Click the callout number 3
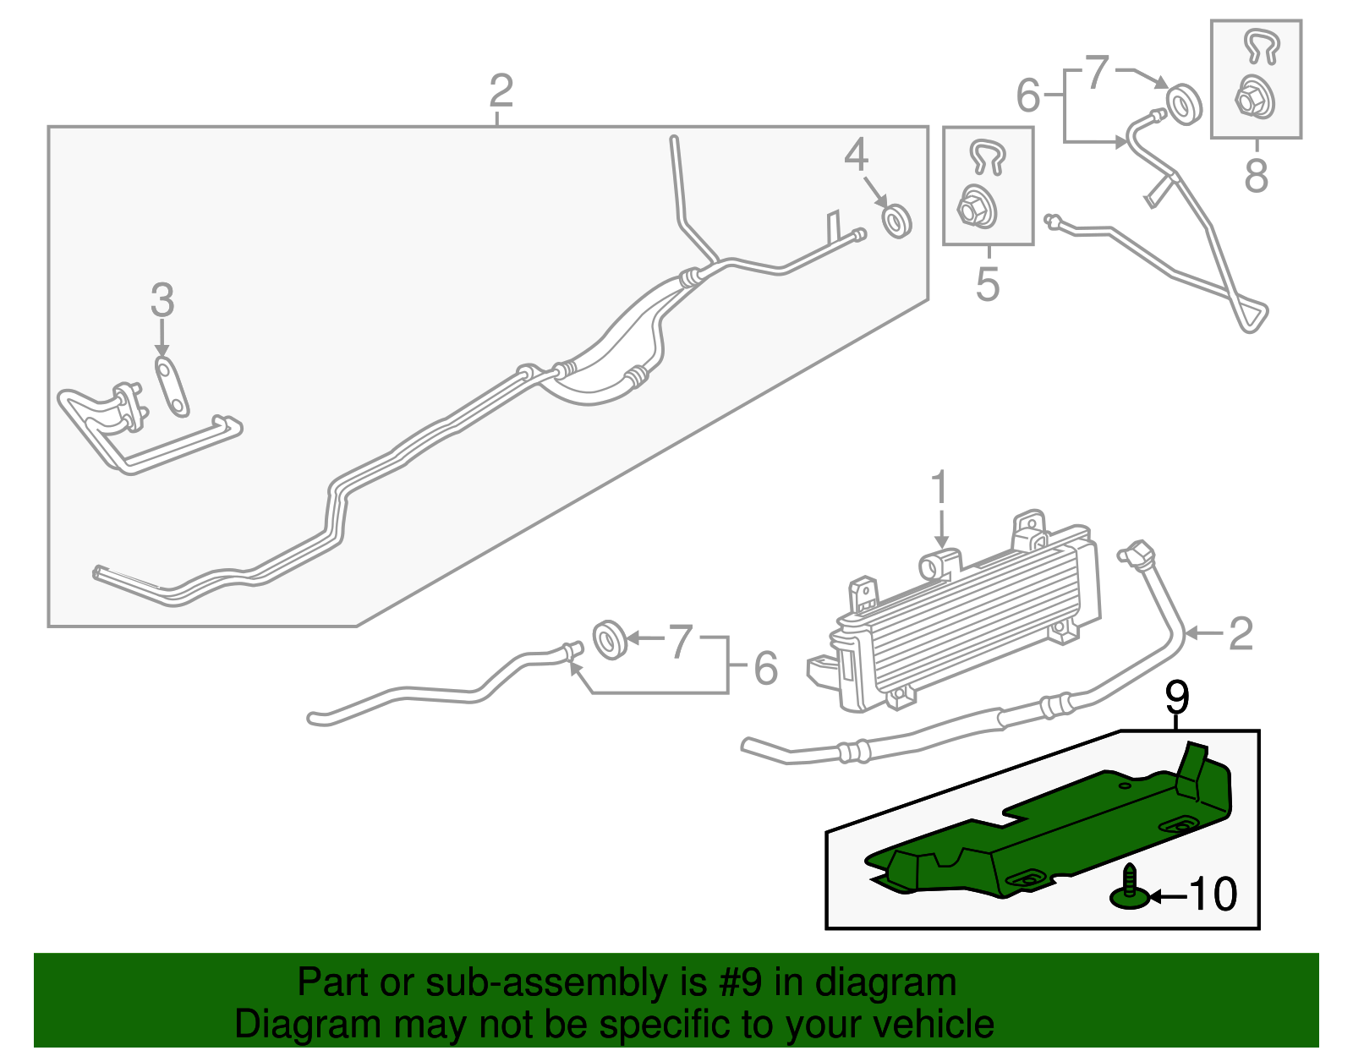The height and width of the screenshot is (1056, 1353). (162, 299)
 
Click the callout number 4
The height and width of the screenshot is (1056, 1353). (856, 154)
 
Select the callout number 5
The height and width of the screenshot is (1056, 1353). (988, 284)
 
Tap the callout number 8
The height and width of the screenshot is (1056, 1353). (1256, 175)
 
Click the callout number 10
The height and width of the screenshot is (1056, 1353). (1213, 895)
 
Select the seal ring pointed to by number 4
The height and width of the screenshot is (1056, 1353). (897, 221)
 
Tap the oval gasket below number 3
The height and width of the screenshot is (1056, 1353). (171, 387)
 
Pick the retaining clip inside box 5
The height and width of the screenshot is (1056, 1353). (988, 156)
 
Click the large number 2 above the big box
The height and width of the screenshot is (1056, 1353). (501, 90)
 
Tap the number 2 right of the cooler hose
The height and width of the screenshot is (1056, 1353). (1241, 634)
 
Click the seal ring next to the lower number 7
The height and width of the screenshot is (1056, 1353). (610, 640)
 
